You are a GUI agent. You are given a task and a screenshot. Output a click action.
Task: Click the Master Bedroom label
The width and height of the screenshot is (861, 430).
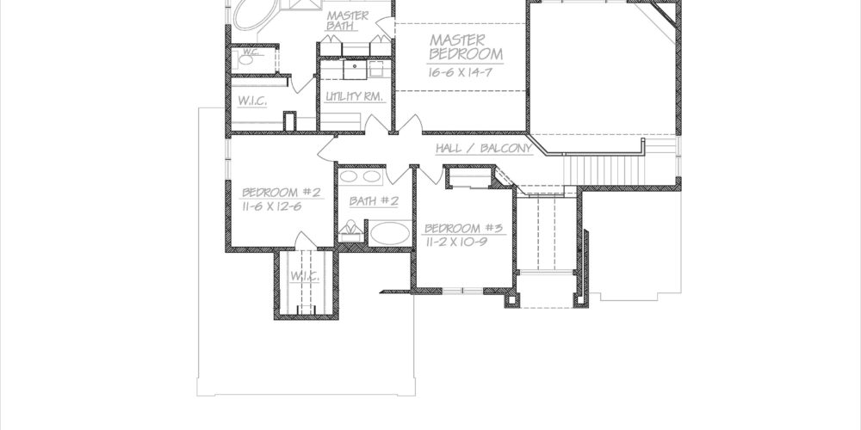[466, 47]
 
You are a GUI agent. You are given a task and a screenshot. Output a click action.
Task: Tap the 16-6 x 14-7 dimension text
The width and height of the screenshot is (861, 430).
[460, 72]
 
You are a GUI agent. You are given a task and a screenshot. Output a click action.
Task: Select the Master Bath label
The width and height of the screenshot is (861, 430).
[348, 21]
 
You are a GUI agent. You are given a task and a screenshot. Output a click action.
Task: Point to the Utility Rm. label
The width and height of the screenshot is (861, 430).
[354, 96]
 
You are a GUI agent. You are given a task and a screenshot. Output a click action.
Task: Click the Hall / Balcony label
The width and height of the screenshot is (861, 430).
[484, 148]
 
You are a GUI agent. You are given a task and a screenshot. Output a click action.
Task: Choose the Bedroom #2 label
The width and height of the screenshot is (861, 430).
[282, 193]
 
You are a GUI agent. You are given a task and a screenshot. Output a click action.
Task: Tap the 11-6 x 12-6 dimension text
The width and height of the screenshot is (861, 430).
[272, 206]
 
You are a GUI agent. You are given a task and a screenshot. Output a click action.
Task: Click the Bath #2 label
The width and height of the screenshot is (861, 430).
[374, 201]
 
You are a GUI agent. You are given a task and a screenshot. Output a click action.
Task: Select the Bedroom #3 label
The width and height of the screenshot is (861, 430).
[463, 228]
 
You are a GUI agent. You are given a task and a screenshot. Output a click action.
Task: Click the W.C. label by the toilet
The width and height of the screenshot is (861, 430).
[251, 52]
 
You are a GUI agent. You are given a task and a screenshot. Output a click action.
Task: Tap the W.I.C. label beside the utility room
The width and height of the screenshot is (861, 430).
[252, 101]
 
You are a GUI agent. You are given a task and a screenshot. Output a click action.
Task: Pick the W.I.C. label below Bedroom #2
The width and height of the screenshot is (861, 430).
[305, 277]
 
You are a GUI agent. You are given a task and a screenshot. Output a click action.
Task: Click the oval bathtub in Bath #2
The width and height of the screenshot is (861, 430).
[390, 233]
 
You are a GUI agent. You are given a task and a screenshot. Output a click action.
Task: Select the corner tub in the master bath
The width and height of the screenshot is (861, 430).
[252, 14]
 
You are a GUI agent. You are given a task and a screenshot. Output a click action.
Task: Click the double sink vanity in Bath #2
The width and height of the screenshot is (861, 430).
[361, 176]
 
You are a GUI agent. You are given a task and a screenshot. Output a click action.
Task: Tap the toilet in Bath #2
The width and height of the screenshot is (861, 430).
[350, 230]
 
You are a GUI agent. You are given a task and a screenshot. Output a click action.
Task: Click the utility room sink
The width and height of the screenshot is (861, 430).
[356, 70]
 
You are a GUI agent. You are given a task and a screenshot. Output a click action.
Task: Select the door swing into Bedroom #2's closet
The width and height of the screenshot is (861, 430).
[306, 241]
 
